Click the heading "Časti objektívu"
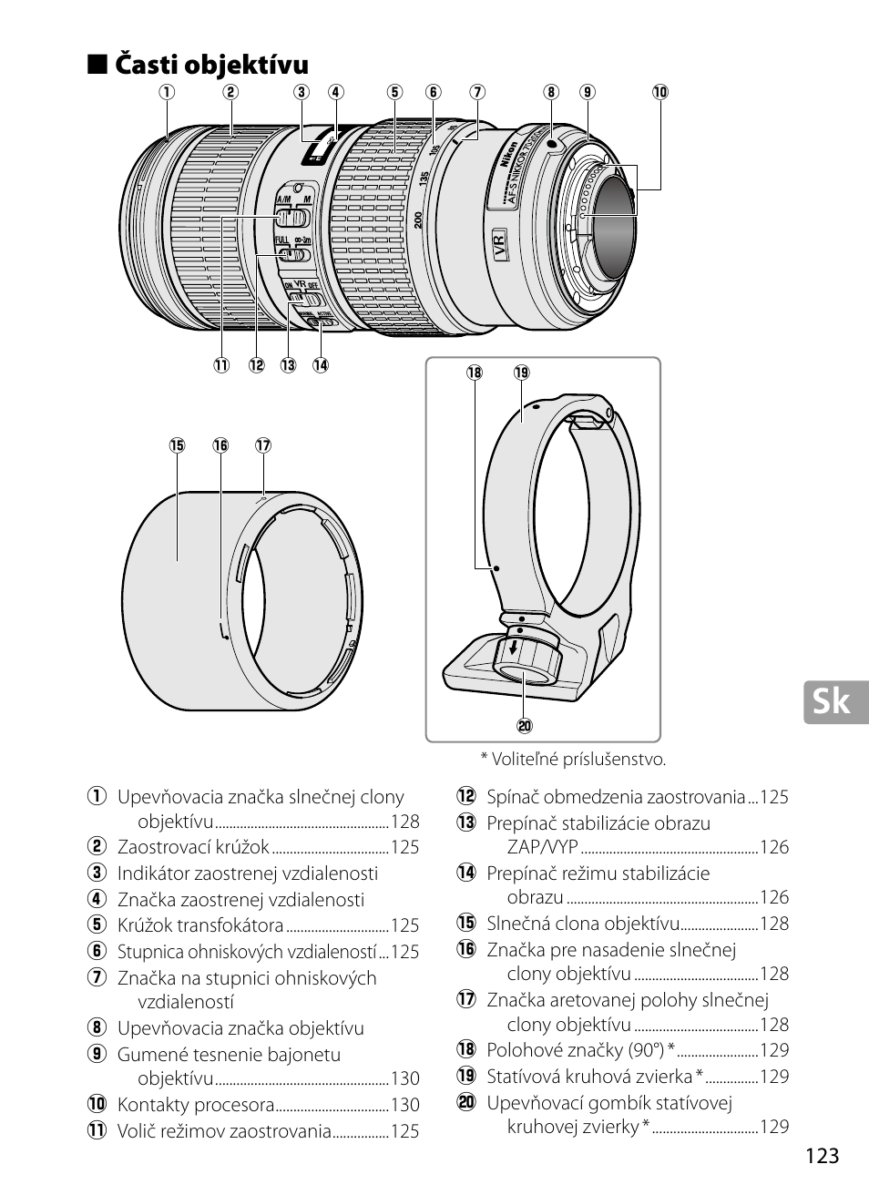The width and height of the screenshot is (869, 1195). pyautogui.click(x=212, y=66)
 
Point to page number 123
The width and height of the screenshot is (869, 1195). pyautogui.click(x=821, y=1156)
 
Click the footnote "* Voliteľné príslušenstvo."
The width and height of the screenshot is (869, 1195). pyautogui.click(x=573, y=759)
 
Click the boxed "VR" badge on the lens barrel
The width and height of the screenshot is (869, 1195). pyautogui.click(x=498, y=245)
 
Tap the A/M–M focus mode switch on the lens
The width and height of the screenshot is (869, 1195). pyautogui.click(x=293, y=219)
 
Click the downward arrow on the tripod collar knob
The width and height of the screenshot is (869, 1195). pyautogui.click(x=515, y=649)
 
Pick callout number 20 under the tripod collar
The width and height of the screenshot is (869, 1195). pyautogui.click(x=524, y=726)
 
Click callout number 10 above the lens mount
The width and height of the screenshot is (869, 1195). pyautogui.click(x=659, y=91)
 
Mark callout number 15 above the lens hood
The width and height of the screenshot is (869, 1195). pyautogui.click(x=176, y=445)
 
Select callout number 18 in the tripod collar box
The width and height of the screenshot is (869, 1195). pyautogui.click(x=474, y=373)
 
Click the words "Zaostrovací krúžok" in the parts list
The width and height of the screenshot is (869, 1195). pyautogui.click(x=193, y=847)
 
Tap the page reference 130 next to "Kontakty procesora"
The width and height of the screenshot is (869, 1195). pyautogui.click(x=404, y=1105)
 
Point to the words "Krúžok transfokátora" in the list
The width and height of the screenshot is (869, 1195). pyautogui.click(x=200, y=925)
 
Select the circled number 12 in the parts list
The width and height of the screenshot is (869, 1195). pyautogui.click(x=466, y=797)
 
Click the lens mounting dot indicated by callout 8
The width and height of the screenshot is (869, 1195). pyautogui.click(x=552, y=144)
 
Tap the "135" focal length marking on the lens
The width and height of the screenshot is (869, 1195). pyautogui.click(x=424, y=179)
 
